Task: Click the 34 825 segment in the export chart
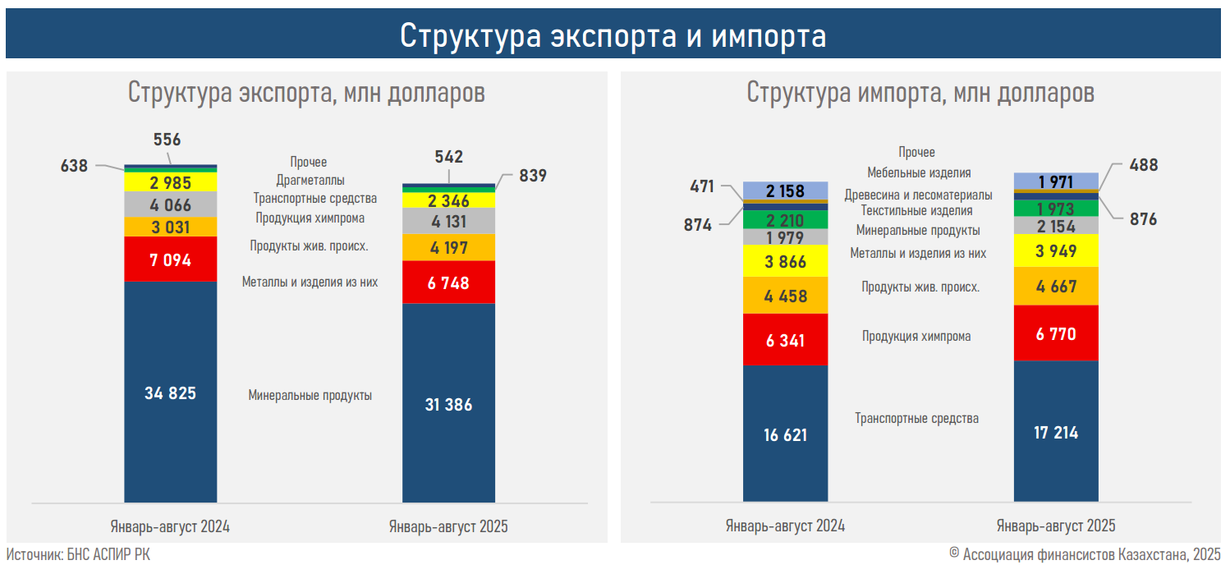170,393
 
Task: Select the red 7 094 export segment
170,260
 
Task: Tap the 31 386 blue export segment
448,403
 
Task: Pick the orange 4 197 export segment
448,247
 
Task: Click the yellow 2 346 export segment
448,200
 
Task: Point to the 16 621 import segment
786,434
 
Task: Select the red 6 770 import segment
1056,333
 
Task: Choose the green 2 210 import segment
786,220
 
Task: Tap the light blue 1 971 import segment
1056,181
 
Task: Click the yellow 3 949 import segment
1056,251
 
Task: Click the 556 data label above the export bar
167,140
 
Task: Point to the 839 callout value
533,176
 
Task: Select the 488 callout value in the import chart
1143,165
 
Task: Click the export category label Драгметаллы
310,180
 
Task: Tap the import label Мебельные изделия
919,173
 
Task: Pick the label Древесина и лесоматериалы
918,195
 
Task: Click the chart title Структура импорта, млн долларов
920,93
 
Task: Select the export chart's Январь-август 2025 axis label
448,526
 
